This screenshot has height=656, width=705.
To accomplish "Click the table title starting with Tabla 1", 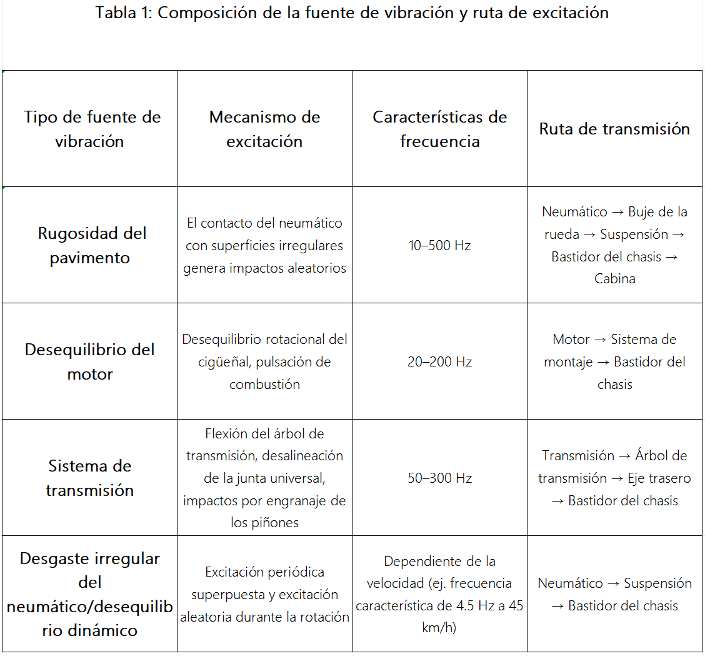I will [352, 13].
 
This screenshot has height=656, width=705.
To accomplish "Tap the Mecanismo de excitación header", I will [264, 129].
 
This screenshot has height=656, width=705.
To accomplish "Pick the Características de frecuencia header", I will [439, 129].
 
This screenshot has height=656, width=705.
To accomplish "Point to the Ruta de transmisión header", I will [614, 129].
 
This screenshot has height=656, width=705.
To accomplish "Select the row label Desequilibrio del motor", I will [89, 361].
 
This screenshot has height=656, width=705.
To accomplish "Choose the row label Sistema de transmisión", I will [89, 478].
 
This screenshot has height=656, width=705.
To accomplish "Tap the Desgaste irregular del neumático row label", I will [89, 594].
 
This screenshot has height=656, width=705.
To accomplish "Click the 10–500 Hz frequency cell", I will [439, 245].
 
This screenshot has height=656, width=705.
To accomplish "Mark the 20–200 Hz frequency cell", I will [439, 361].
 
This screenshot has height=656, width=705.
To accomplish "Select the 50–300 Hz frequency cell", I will [439, 478].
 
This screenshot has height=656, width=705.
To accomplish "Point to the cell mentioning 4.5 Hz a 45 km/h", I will [439, 594].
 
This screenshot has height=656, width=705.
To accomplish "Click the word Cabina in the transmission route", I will [614, 279].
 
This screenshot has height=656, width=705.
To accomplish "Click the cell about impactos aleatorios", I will [264, 245].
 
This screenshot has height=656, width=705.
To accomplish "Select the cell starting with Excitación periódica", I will [264, 594].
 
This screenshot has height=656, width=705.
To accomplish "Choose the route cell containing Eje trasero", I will [614, 478].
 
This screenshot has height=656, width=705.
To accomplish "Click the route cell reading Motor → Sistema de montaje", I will [614, 361].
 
